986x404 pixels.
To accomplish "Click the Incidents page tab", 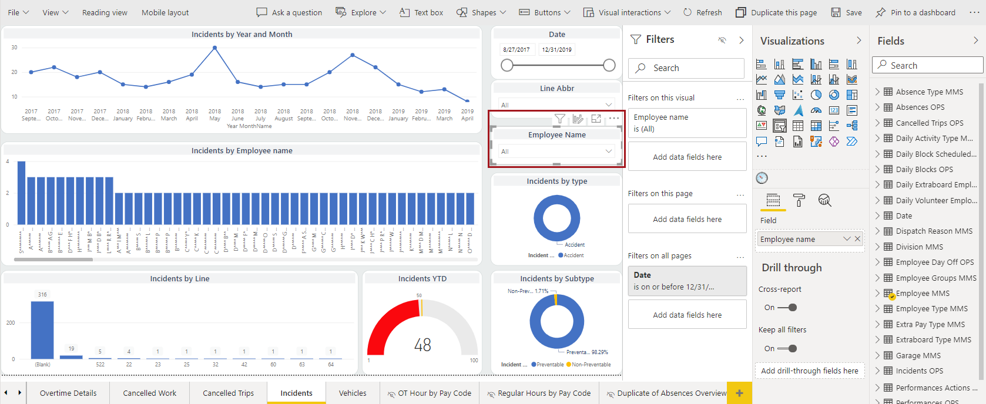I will point(296,393).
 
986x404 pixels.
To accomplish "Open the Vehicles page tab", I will point(353,393).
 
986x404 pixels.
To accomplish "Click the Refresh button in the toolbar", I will point(703,12).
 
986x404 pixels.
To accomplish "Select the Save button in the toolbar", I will point(847,12).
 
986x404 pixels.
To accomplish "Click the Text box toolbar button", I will point(421,12).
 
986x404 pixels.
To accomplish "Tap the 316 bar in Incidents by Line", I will point(42,329).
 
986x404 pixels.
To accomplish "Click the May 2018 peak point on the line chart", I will point(215,48).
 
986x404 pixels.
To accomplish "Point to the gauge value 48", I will point(422,345).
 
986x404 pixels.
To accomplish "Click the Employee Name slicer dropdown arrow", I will point(609,151).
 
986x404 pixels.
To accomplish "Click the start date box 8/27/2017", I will point(517,50).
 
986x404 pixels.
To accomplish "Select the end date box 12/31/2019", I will point(556,50).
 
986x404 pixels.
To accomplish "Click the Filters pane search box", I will point(686,68).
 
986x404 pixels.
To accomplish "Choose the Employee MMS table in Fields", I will point(923,293).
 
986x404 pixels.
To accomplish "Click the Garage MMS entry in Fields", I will point(918,355).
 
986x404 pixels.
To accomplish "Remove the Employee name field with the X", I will point(857,238).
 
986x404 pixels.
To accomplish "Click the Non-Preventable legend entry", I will point(591,365).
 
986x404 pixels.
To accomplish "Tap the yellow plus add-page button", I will point(739,393).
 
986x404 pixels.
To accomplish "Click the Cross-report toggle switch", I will point(787,308).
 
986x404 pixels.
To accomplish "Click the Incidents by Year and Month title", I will point(242,34).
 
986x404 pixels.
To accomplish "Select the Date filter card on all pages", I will point(687,281).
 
